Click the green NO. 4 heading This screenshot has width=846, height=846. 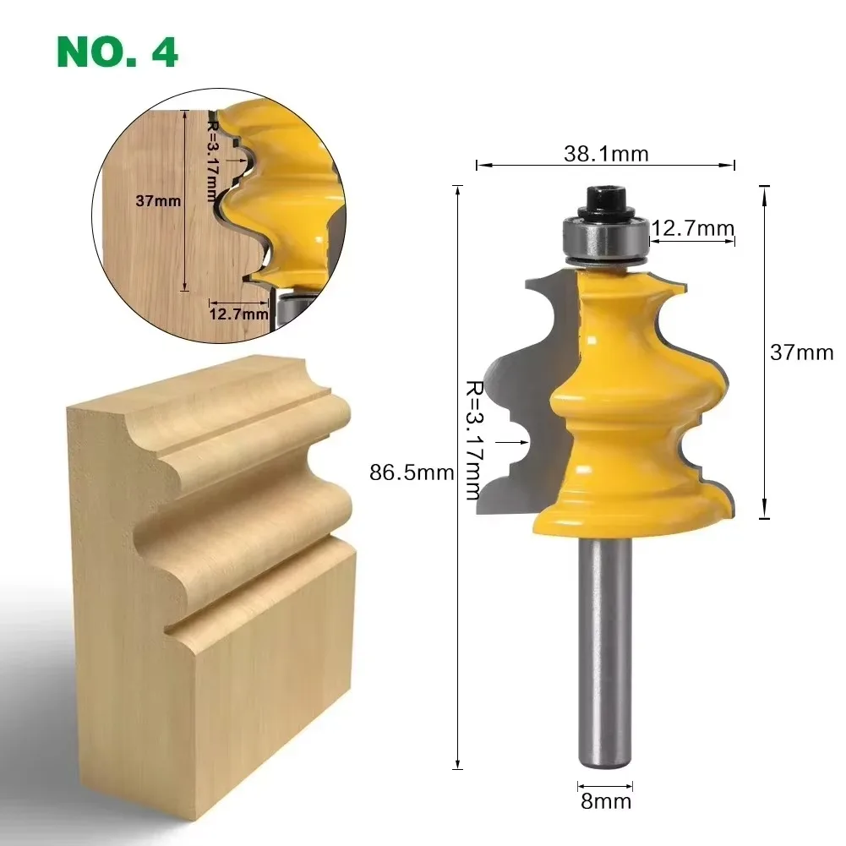pyautogui.click(x=117, y=52)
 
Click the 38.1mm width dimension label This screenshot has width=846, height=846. pyautogui.click(x=605, y=153)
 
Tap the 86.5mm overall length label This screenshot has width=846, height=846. pyautogui.click(x=412, y=472)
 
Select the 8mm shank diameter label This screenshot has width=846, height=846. pyautogui.click(x=604, y=800)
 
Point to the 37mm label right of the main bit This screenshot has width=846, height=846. pyautogui.click(x=800, y=352)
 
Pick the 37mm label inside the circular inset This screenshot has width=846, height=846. pyautogui.click(x=158, y=201)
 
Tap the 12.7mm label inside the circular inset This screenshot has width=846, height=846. pyautogui.click(x=238, y=314)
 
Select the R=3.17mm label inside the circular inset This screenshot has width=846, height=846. pyautogui.click(x=212, y=160)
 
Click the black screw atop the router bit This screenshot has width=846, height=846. pyautogui.click(x=606, y=200)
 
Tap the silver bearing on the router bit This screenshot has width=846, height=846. pyautogui.click(x=606, y=237)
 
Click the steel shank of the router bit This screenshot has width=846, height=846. pyautogui.click(x=605, y=651)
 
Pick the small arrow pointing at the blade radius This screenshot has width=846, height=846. pyautogui.click(x=511, y=440)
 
